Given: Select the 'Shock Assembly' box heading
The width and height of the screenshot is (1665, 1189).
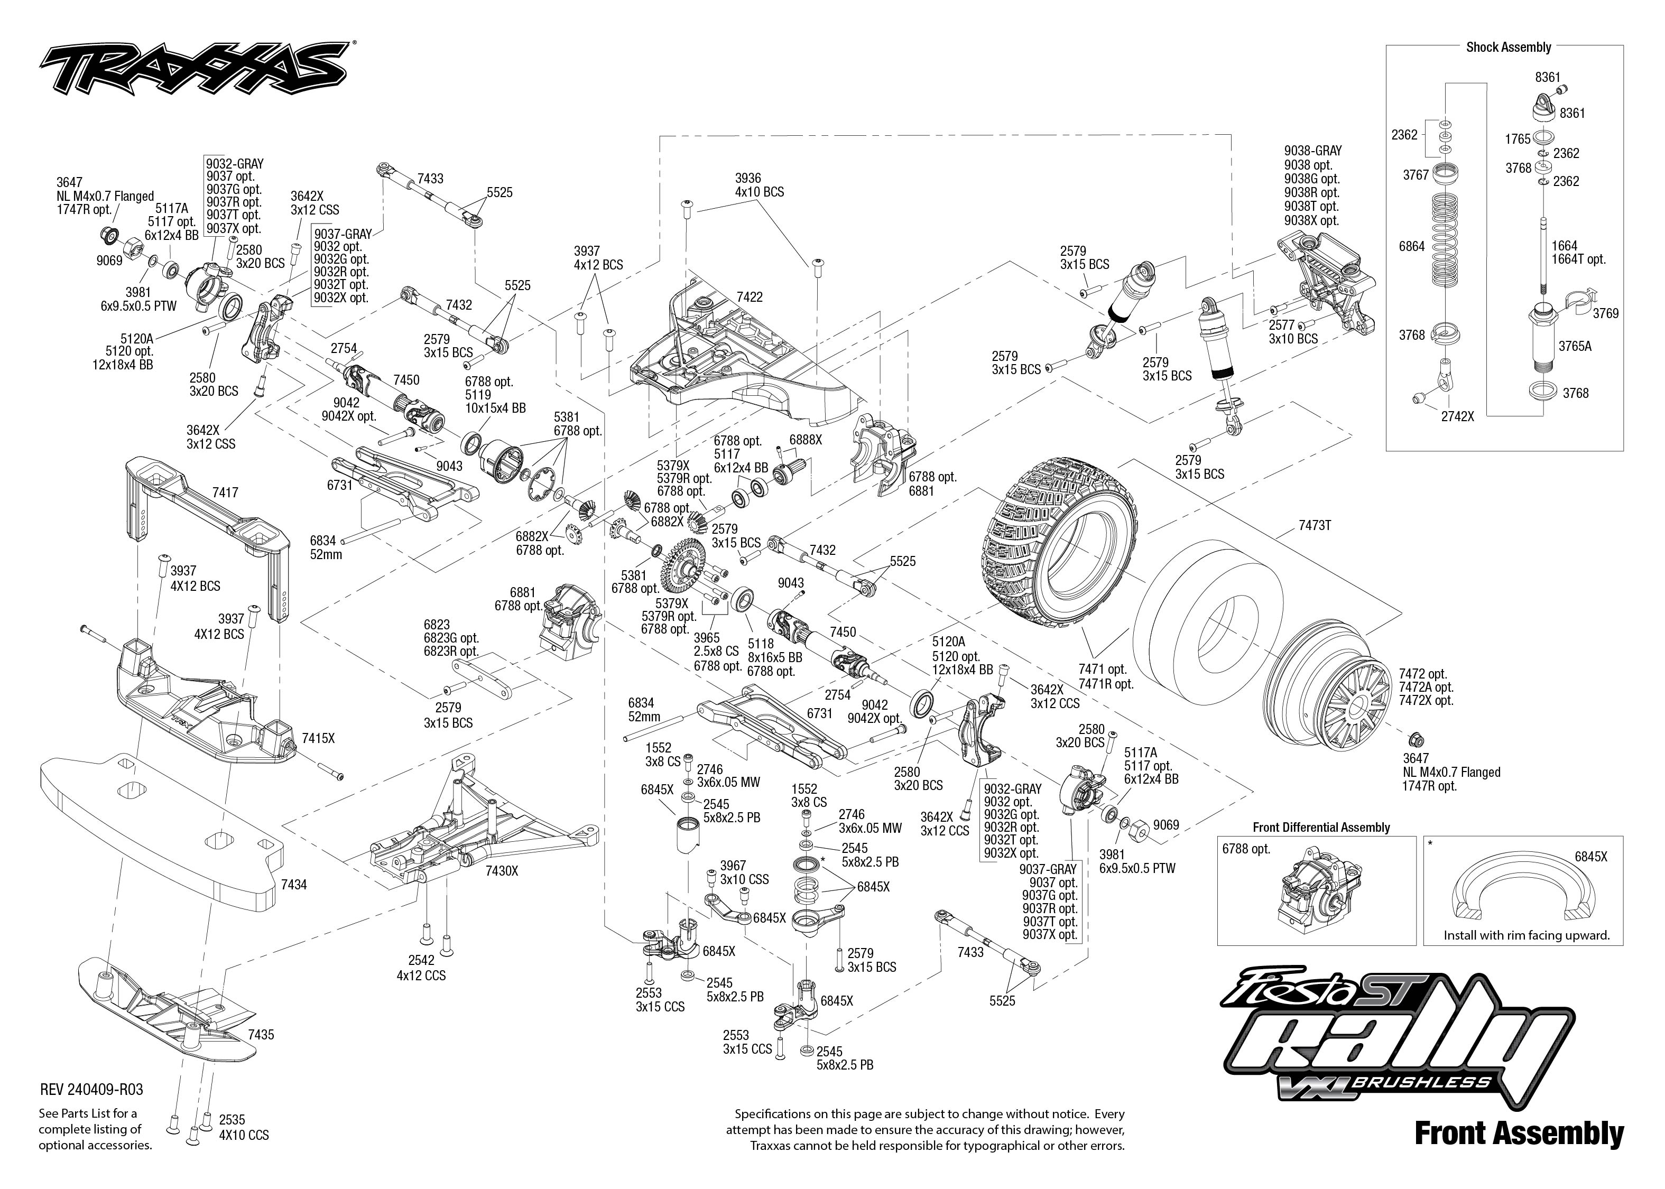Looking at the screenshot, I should click(x=1507, y=48).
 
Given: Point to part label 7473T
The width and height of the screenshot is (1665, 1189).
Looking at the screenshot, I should click(x=1314, y=526).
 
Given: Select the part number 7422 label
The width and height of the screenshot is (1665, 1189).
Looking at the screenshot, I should click(x=749, y=296).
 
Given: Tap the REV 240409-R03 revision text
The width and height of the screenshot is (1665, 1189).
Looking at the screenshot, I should click(x=91, y=1090).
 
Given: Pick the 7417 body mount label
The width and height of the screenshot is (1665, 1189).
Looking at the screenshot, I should click(x=225, y=493).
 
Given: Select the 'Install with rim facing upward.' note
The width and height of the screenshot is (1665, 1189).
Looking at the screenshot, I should click(x=1526, y=935).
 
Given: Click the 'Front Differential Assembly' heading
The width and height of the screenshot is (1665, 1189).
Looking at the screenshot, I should click(x=1321, y=828).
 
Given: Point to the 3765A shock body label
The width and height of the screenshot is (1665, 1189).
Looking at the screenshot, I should click(x=1574, y=346).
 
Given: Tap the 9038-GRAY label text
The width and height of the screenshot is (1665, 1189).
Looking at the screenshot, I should click(x=1312, y=151).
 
